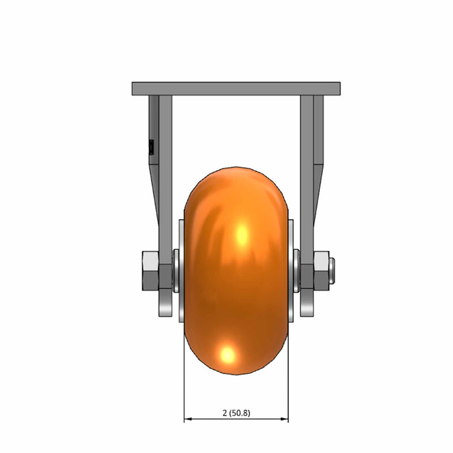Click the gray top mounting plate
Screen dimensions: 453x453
[x=236, y=89]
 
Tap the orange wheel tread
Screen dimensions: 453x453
[x=236, y=271]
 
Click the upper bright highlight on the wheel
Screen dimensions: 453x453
[x=242, y=234]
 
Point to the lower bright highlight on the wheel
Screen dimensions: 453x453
[x=228, y=354]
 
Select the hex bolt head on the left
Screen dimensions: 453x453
[x=150, y=271]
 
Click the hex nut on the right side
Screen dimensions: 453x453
[x=321, y=271]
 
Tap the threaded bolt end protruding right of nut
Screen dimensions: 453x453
[x=332, y=271]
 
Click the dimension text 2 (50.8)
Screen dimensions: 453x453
[x=236, y=413]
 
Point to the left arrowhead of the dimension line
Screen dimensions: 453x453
[x=188, y=418]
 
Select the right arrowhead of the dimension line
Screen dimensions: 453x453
[x=284, y=418]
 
